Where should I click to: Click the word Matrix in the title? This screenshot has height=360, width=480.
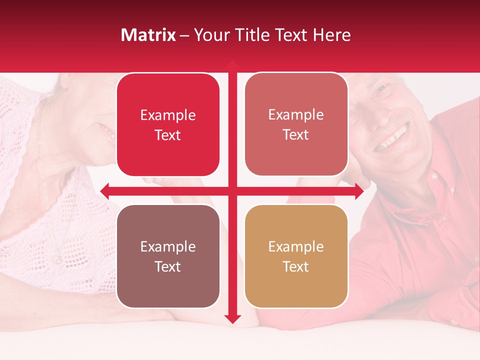(x=148, y=35)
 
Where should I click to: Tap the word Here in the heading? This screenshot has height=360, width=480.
(x=331, y=35)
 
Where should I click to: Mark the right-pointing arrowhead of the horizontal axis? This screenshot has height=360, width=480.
(x=359, y=191)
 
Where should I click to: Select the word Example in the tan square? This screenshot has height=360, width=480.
(x=296, y=246)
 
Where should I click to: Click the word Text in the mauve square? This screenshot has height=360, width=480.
(x=168, y=266)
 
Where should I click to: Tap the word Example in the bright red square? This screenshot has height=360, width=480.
(x=168, y=115)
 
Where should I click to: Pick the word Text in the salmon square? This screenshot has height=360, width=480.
(x=296, y=135)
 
